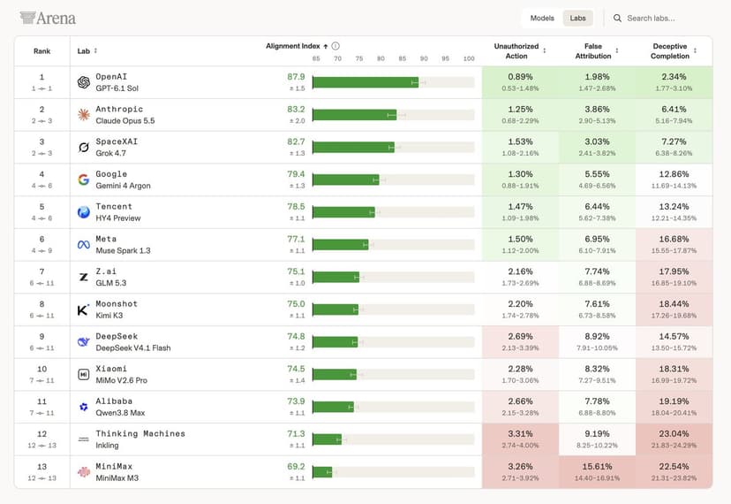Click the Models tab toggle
pyautogui.click(x=542, y=19)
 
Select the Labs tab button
pyautogui.click(x=577, y=19)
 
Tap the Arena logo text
pyautogui.click(x=48, y=19)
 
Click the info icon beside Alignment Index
pyautogui.click(x=335, y=46)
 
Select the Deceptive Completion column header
pyautogui.click(x=670, y=51)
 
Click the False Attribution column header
pyautogui.click(x=593, y=51)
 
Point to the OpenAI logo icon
pyautogui.click(x=84, y=82)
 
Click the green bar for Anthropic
pyautogui.click(x=354, y=115)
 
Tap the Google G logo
pyautogui.click(x=84, y=179)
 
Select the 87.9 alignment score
pyautogui.click(x=296, y=77)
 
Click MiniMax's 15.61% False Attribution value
pyautogui.click(x=597, y=466)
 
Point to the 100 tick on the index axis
pyautogui.click(x=469, y=58)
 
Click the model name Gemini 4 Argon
pyautogui.click(x=123, y=186)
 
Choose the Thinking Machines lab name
pyautogui.click(x=140, y=433)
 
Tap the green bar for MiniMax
pyautogui.click(x=322, y=472)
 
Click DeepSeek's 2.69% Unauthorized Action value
pyautogui.click(x=520, y=336)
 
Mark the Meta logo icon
pyautogui.click(x=84, y=244)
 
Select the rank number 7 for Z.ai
pyautogui.click(x=42, y=271)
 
